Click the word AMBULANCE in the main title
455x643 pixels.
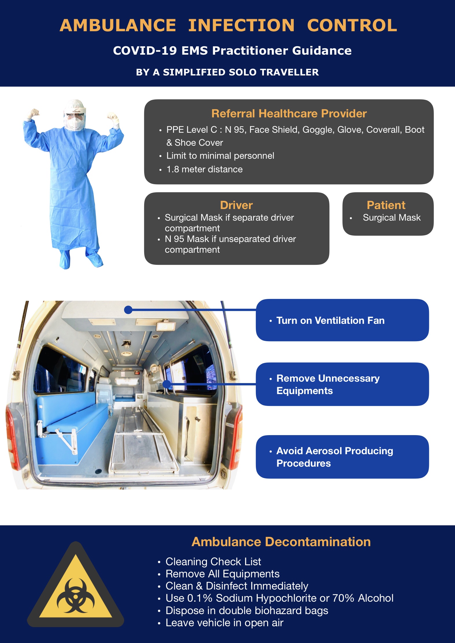click(118, 25)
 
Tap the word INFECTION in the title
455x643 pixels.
click(241, 25)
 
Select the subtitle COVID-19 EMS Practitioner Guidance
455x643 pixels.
click(232, 51)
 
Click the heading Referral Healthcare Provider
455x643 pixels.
click(289, 113)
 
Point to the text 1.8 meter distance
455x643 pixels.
click(204, 169)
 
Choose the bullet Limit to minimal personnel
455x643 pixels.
click(220, 156)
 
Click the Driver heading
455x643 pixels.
click(236, 205)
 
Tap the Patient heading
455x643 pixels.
click(386, 205)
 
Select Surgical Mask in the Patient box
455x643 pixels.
click(392, 217)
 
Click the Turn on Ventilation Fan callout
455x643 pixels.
click(342, 320)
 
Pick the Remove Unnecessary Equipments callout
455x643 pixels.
click(342, 384)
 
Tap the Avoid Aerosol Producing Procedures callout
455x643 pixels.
click(342, 457)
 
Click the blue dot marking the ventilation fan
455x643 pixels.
click(128, 310)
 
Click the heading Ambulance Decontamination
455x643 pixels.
click(281, 542)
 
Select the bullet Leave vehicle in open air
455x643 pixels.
click(224, 623)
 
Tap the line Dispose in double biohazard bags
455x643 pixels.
click(247, 610)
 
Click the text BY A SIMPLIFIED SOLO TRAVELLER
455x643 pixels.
click(227, 72)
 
